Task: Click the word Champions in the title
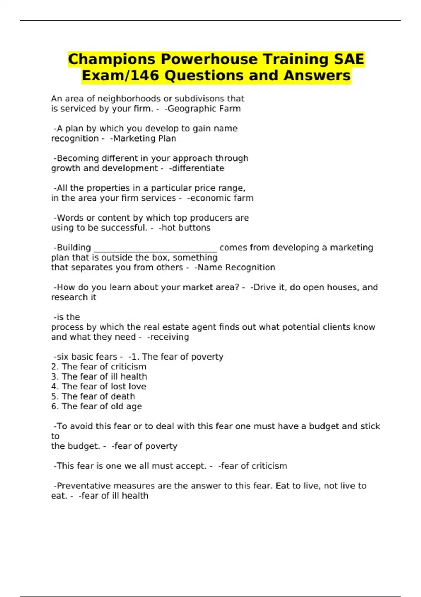tap(111, 59)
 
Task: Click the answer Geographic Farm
tap(204, 109)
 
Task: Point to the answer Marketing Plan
tap(144, 139)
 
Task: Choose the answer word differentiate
tap(198, 168)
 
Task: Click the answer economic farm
tap(221, 198)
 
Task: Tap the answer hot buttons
tap(186, 228)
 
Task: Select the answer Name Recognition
tap(236, 268)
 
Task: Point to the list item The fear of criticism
tap(99, 367)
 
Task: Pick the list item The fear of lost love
tap(99, 387)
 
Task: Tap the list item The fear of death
tap(93, 396)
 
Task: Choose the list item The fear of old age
tap(96, 407)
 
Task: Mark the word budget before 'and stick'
tap(324, 426)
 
